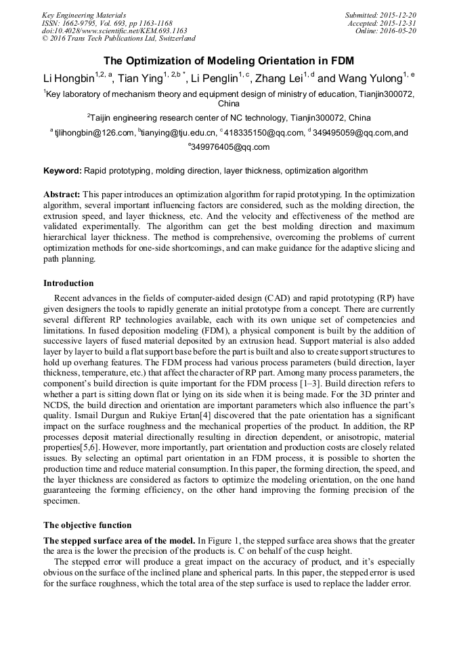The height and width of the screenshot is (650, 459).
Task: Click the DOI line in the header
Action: click(x=114, y=31)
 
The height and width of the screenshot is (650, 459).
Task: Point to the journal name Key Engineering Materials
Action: click(x=83, y=14)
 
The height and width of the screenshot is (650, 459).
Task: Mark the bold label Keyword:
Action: click(x=62, y=171)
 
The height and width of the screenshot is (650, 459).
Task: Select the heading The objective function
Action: click(x=87, y=525)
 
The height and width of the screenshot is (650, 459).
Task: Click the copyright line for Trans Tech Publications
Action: click(x=118, y=39)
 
